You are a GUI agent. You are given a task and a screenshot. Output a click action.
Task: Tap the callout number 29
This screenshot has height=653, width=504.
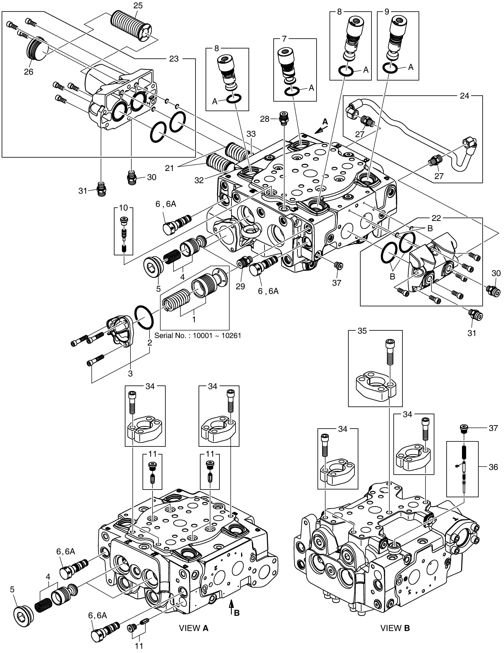pyautogui.click(x=240, y=286)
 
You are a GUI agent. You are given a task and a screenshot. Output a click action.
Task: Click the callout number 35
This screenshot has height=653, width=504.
pyautogui.click(x=362, y=331)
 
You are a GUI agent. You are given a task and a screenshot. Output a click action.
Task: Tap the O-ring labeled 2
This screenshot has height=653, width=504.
pyautogui.click(x=144, y=318)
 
